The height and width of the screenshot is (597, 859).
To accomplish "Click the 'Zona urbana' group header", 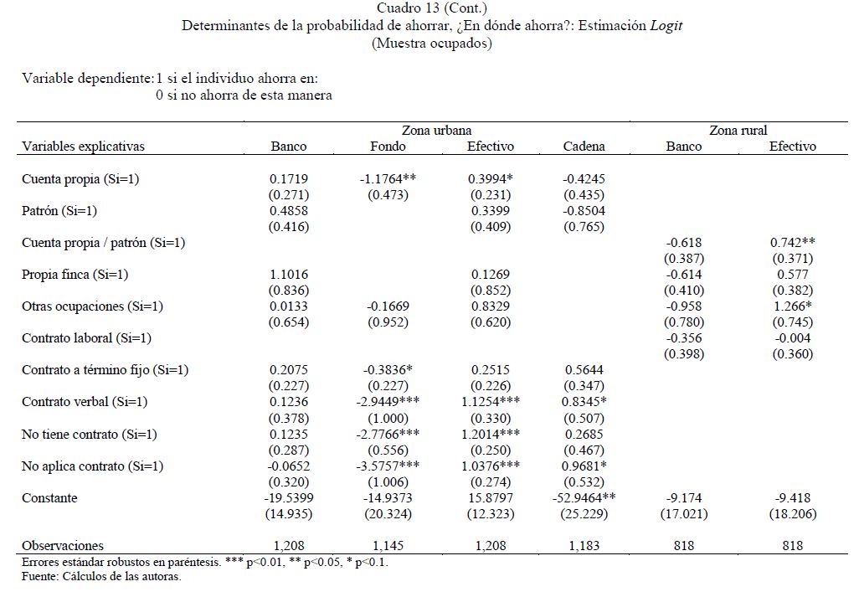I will click(436, 130).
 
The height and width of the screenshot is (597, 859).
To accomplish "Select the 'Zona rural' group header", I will click(738, 130).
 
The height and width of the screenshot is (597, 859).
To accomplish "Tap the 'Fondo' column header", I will click(388, 147).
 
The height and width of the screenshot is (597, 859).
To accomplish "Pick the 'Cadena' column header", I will click(584, 147).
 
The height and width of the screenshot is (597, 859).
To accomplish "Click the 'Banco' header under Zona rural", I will click(684, 147).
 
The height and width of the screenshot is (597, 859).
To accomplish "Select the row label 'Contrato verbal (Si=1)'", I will click(85, 402).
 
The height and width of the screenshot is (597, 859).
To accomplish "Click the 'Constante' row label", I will click(49, 498).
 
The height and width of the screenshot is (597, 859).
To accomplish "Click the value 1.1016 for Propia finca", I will click(289, 275).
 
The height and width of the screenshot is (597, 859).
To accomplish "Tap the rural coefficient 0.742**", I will click(793, 243).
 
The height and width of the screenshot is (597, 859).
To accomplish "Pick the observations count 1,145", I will click(388, 546).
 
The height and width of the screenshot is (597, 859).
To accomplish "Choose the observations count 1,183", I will click(584, 546).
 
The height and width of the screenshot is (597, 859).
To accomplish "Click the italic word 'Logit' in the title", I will click(666, 25).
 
